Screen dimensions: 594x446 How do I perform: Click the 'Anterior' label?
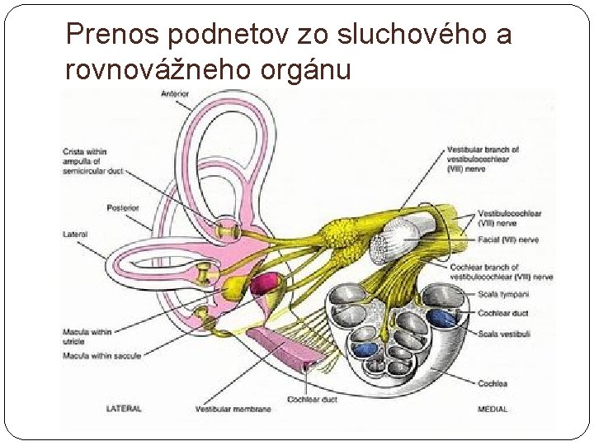pos(176,94)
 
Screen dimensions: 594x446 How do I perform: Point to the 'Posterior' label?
pos(123,208)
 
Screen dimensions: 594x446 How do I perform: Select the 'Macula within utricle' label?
pos(87,336)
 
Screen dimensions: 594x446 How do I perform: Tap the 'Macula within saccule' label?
pos(101,355)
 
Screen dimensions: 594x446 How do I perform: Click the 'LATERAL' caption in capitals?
pos(124,408)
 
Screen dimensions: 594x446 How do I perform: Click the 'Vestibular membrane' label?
pos(233,408)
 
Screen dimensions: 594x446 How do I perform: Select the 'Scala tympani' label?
pos(502,295)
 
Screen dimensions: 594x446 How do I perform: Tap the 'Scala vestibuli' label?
pos(504,334)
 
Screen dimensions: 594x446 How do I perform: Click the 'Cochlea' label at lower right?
pos(492,383)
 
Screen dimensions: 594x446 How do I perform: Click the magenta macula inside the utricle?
pos(265,285)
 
